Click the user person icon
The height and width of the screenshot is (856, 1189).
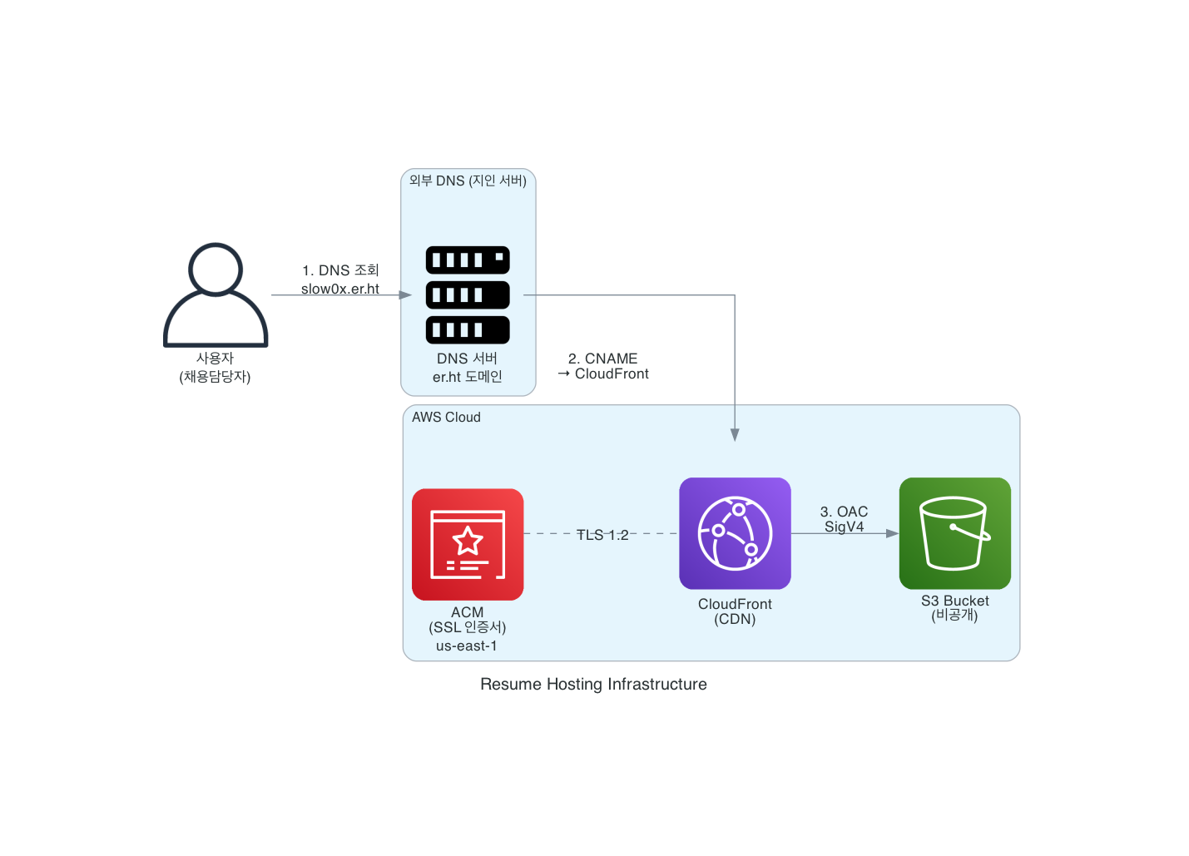(x=216, y=295)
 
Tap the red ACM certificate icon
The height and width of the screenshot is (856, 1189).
(x=468, y=544)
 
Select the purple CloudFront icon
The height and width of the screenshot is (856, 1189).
(x=735, y=533)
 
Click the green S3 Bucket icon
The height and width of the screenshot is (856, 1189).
(x=954, y=533)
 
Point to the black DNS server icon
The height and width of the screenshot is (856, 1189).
(x=468, y=294)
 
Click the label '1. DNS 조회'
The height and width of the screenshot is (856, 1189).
(x=340, y=270)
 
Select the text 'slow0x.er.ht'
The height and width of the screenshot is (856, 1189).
(x=340, y=289)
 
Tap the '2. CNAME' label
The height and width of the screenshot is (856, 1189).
(x=602, y=359)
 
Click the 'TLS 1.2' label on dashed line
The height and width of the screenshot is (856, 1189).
(x=602, y=535)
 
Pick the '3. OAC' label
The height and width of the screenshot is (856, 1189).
(x=844, y=512)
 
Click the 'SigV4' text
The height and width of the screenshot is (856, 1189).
(x=844, y=527)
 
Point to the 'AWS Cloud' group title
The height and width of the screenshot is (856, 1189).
(x=446, y=417)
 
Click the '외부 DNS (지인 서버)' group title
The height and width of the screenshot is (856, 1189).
(x=468, y=181)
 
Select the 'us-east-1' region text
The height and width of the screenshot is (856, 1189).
(x=467, y=646)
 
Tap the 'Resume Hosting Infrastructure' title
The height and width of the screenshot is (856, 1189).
(x=593, y=684)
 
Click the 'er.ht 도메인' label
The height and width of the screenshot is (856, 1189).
(x=468, y=377)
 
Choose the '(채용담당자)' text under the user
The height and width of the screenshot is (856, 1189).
(x=215, y=377)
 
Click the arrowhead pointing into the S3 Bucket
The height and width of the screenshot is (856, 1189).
(x=892, y=533)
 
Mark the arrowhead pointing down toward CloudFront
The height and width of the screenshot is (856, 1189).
(x=735, y=434)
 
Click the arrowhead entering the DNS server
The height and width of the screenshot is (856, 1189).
(x=405, y=294)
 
